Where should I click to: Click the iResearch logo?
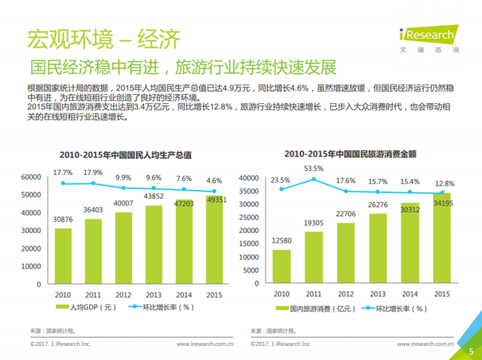click(x=429, y=39)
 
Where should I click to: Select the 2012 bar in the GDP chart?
click(x=124, y=248)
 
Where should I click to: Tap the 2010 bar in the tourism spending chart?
click(x=282, y=266)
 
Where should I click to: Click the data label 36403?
click(x=93, y=210)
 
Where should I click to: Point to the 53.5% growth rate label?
click(x=314, y=168)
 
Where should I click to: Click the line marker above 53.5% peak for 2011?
click(x=314, y=179)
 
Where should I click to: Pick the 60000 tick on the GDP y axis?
click(x=31, y=177)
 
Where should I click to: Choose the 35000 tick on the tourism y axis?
click(x=248, y=191)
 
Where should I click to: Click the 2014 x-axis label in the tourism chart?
click(x=410, y=294)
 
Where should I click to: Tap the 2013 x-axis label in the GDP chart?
click(x=153, y=295)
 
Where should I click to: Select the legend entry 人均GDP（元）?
click(x=86, y=307)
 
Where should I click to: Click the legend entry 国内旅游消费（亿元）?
click(x=315, y=309)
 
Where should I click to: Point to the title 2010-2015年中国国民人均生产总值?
click(x=125, y=155)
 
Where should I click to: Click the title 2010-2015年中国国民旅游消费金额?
click(x=351, y=154)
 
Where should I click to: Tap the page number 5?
click(x=471, y=351)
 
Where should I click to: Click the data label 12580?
click(x=282, y=240)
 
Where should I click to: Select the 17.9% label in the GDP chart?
click(x=93, y=173)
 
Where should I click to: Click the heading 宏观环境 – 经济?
click(x=104, y=39)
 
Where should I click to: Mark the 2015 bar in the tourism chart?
click(x=442, y=238)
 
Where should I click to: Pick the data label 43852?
click(x=153, y=196)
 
